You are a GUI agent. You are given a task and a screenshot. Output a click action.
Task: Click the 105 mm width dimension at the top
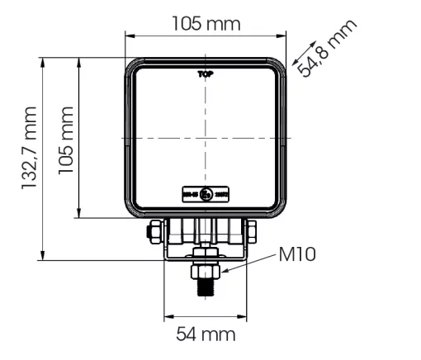(206, 23)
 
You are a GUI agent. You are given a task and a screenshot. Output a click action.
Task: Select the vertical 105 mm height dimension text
(65, 139)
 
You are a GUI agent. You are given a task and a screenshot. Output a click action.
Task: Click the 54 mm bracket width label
(206, 334)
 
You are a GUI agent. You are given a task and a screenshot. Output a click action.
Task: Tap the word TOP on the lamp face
(206, 74)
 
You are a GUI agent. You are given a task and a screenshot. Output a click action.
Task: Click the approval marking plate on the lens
(206, 195)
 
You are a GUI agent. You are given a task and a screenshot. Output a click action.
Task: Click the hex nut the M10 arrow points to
(206, 270)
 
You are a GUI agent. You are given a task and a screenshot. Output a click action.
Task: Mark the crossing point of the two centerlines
(206, 136)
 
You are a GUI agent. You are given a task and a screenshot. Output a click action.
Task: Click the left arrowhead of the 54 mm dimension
(167, 315)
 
